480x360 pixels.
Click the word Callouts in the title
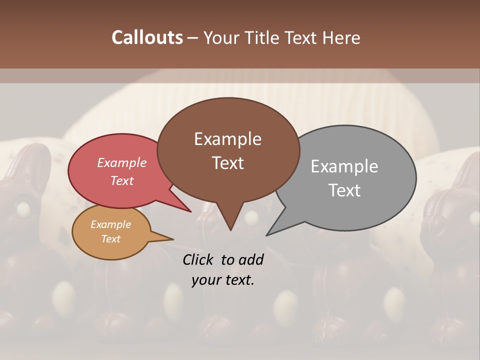(x=147, y=37)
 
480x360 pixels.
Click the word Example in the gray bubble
(x=344, y=166)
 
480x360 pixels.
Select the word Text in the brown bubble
(x=228, y=163)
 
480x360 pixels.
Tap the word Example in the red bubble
(x=122, y=162)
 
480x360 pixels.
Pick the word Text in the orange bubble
(x=111, y=239)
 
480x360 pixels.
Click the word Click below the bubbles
(x=198, y=259)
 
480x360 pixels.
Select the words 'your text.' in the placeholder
(x=222, y=280)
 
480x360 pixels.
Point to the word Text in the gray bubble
(x=345, y=190)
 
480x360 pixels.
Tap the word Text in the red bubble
(x=122, y=180)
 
